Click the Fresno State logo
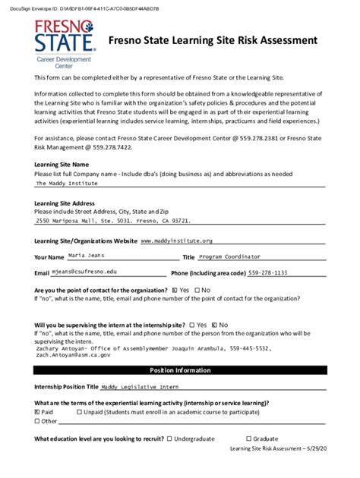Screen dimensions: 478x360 pyautogui.click(x=65, y=42)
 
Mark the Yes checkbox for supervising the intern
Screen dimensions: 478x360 pyautogui.click(x=192, y=325)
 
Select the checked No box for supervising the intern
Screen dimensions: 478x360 pyautogui.click(x=215, y=325)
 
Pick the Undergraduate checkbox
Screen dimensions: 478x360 pyautogui.click(x=169, y=438)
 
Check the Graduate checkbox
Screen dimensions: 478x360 pyautogui.click(x=248, y=438)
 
